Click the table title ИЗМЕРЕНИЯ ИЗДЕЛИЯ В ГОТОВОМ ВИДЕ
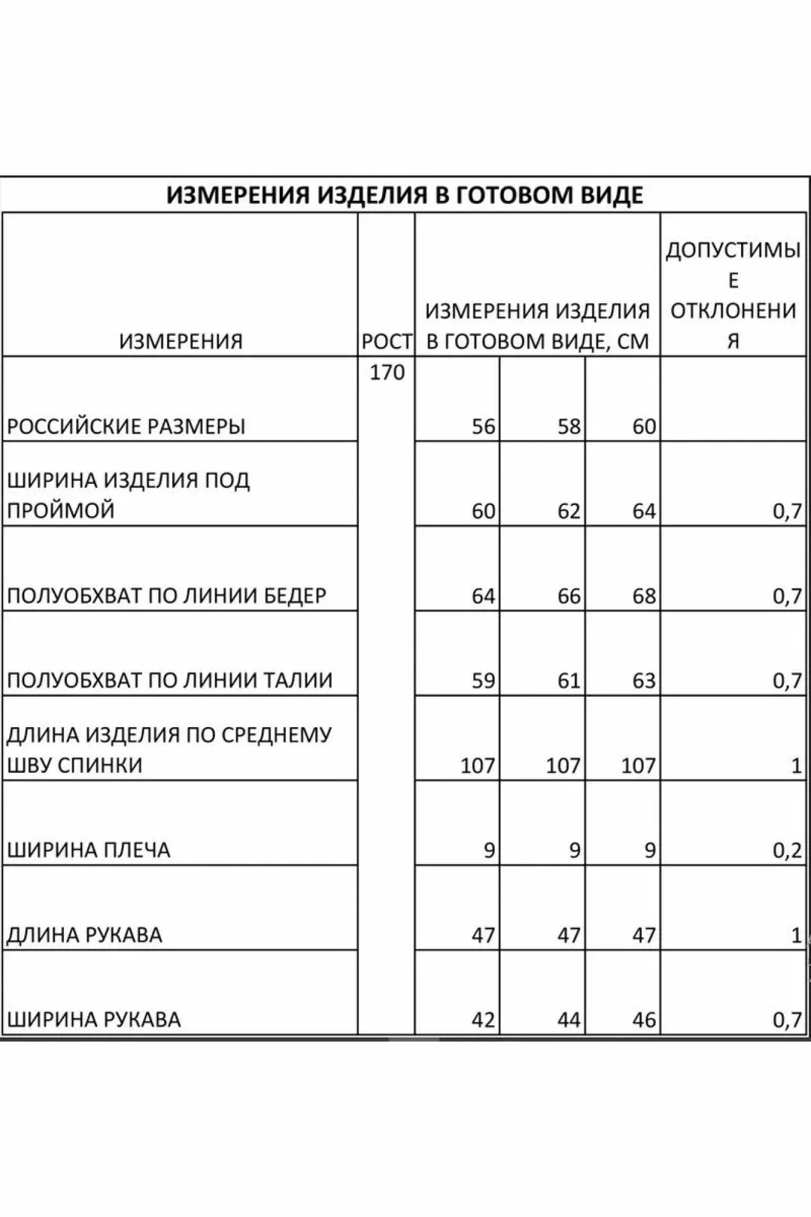(x=405, y=195)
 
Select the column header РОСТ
(x=386, y=341)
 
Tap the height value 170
(x=387, y=372)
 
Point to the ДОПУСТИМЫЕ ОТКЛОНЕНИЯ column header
(x=733, y=295)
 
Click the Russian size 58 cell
(x=569, y=426)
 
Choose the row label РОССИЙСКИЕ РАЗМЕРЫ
(x=126, y=426)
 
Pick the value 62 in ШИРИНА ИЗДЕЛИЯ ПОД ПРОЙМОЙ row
(x=569, y=511)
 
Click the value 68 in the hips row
(x=644, y=595)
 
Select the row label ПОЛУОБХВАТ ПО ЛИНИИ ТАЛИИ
(x=170, y=680)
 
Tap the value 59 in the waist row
(x=483, y=680)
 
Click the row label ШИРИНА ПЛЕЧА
(x=89, y=849)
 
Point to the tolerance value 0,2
(x=787, y=849)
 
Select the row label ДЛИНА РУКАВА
(x=85, y=934)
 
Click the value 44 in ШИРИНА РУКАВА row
(x=569, y=1019)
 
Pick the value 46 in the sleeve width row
(x=644, y=1019)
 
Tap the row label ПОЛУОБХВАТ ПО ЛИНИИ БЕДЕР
(x=167, y=595)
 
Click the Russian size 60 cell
(x=644, y=426)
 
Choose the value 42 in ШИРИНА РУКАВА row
(x=483, y=1019)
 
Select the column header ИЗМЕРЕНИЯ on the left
(x=181, y=341)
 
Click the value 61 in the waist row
(x=569, y=680)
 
